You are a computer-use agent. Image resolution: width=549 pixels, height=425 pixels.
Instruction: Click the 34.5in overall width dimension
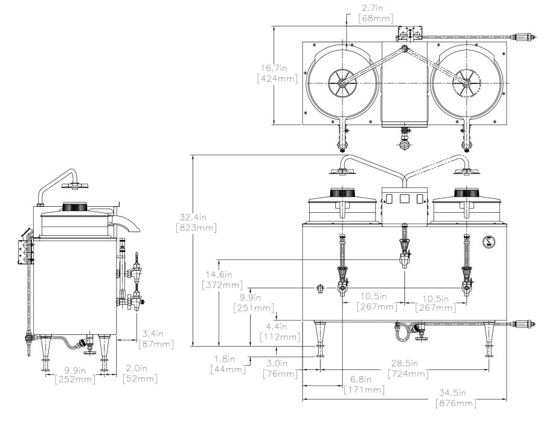click(x=456, y=398)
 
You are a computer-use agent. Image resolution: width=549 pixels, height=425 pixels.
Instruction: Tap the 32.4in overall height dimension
click(x=196, y=222)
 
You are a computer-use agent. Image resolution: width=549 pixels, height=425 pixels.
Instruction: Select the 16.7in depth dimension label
click(x=277, y=73)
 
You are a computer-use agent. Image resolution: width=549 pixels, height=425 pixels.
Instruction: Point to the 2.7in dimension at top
click(x=376, y=13)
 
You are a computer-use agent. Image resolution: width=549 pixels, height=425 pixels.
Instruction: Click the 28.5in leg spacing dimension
click(x=408, y=369)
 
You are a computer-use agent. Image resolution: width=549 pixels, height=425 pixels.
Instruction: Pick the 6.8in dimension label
click(x=364, y=384)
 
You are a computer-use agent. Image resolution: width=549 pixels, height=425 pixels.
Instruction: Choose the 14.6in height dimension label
click(x=222, y=279)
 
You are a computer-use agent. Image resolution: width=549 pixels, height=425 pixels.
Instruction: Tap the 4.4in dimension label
click(x=280, y=332)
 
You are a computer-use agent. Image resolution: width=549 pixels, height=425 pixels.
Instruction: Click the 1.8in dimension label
click(x=228, y=364)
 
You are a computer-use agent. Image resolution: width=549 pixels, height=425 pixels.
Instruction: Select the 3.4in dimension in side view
click(x=156, y=339)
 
